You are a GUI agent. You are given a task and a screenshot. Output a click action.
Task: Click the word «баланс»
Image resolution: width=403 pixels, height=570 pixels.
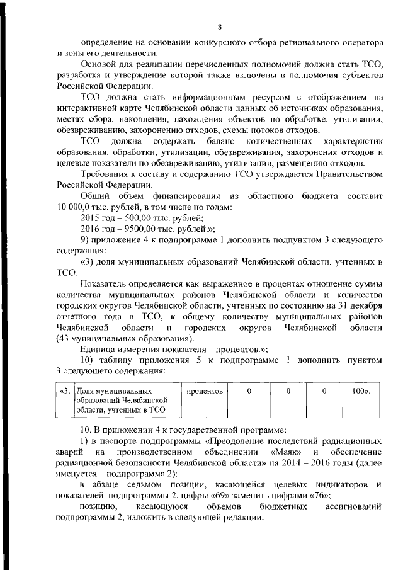(x=217, y=141)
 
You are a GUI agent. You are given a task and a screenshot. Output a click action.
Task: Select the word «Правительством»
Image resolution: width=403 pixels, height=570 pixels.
(x=349, y=174)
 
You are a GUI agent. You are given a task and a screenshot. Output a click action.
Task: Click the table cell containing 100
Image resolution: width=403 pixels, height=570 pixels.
(x=360, y=391)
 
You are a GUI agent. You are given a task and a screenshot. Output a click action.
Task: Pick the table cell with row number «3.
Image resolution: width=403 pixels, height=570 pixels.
(x=64, y=391)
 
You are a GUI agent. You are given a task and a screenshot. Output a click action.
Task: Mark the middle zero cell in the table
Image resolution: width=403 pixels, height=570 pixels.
(x=287, y=391)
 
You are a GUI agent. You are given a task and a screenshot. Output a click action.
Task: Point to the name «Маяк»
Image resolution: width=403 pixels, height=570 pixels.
(x=287, y=453)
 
